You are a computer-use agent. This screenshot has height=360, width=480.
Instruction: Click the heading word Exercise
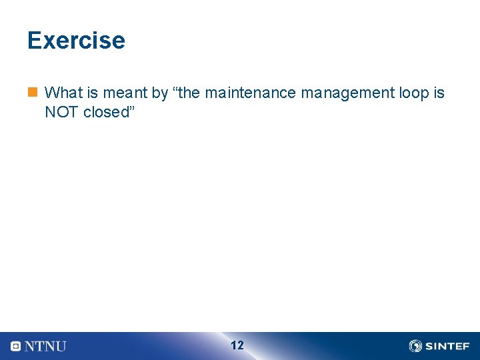[76, 41]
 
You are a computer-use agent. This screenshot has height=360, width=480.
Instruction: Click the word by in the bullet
[160, 93]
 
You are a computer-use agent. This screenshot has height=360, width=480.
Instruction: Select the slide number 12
[237, 345]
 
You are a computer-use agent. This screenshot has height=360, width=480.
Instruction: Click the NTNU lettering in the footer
[45, 346]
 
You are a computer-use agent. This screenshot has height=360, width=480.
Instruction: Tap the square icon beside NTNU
[16, 346]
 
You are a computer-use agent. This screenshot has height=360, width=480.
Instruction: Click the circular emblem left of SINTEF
[415, 346]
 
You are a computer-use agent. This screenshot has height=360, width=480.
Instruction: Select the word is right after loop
[439, 93]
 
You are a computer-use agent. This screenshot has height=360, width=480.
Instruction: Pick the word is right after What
[92, 93]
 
